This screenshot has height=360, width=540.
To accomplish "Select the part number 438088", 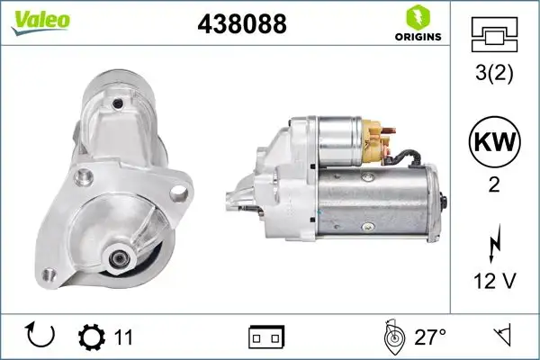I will [242, 25].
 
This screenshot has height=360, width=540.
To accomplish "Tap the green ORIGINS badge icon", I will [417, 16].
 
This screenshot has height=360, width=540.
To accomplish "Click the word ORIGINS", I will [417, 37].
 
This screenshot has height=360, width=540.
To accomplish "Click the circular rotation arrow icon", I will [41, 337].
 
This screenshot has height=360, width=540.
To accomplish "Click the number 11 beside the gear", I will [123, 337].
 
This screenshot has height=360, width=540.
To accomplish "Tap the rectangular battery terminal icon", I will [265, 337].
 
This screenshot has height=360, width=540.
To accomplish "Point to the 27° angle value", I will [430, 337].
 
